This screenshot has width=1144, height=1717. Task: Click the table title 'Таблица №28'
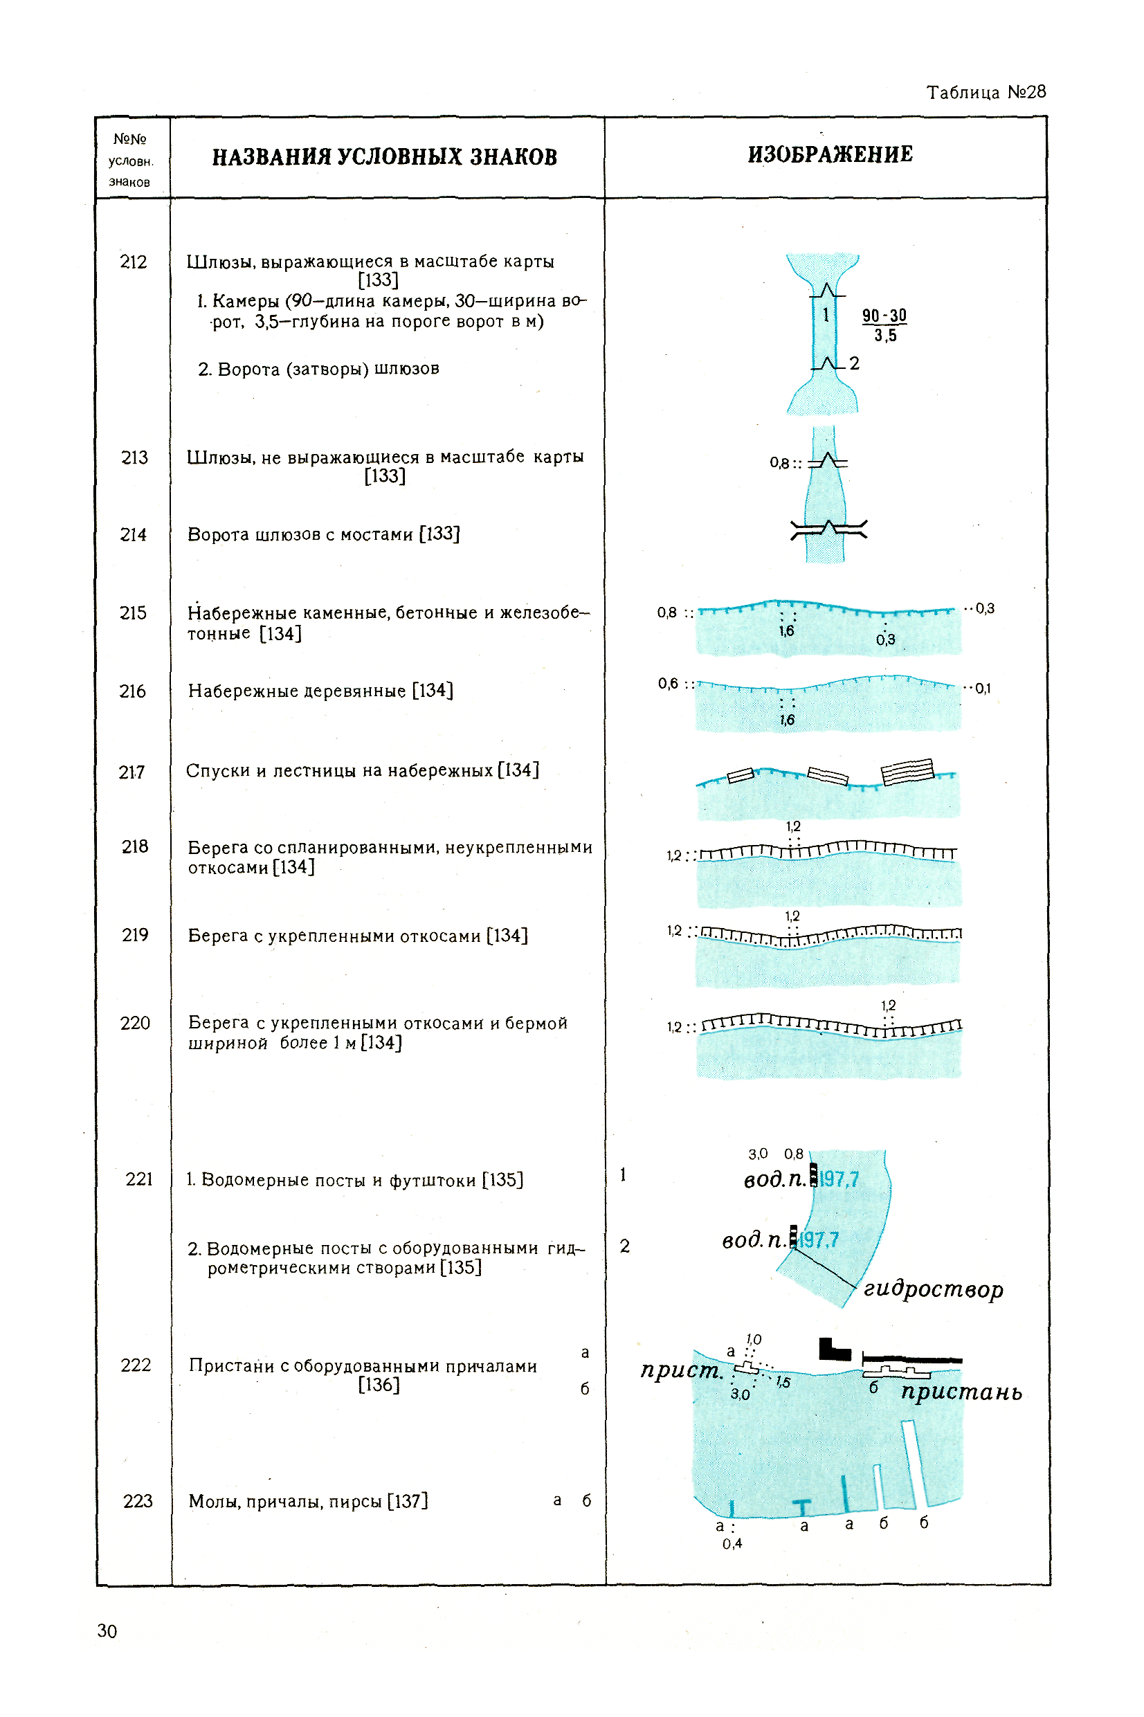click(985, 93)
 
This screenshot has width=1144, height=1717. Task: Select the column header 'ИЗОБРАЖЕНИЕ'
click(830, 154)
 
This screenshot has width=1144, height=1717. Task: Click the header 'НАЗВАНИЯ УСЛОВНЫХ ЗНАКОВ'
click(385, 157)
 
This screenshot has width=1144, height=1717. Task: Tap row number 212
click(133, 262)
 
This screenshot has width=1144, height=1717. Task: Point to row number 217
click(131, 772)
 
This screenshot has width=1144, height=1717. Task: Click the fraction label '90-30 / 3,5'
click(884, 325)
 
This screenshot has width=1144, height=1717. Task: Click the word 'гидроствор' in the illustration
click(933, 1289)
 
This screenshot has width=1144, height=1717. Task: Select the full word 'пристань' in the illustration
click(961, 1392)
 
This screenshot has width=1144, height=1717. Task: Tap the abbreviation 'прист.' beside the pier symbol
click(681, 1370)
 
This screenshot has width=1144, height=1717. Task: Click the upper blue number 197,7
click(839, 1179)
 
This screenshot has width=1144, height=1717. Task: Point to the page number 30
click(107, 1631)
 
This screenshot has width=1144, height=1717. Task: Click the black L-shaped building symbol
click(833, 1350)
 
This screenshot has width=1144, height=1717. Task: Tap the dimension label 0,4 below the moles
click(732, 1543)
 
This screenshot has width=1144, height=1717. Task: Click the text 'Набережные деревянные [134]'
click(320, 691)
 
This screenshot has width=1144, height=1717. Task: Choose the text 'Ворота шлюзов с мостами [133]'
click(323, 535)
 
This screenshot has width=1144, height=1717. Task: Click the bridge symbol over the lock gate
click(829, 529)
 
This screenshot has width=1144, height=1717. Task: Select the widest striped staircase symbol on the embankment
click(907, 771)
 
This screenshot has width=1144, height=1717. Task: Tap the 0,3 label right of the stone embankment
click(984, 608)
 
